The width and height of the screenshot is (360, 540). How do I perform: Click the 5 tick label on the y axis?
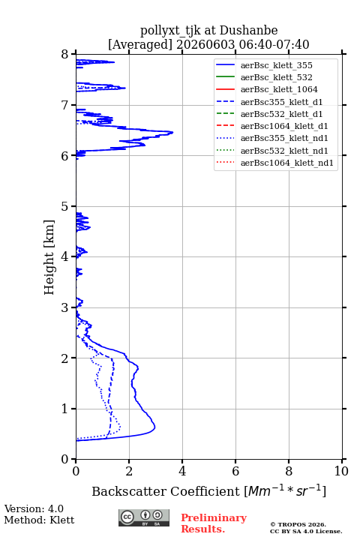64,207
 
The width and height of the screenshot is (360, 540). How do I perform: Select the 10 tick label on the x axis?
341,471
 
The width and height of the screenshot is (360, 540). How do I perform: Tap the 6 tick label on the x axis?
235,471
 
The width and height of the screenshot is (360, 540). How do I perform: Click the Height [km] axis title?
49,257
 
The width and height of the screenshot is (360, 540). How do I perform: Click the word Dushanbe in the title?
248,31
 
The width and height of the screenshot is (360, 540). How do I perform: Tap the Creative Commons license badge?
144,517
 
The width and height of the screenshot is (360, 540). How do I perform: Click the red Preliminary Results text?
214,523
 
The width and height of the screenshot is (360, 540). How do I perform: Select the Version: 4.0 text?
34,508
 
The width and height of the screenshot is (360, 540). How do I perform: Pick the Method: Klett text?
39,520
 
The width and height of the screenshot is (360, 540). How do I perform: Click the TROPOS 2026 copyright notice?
298,524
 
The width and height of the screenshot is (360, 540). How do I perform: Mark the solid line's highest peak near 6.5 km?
172,132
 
